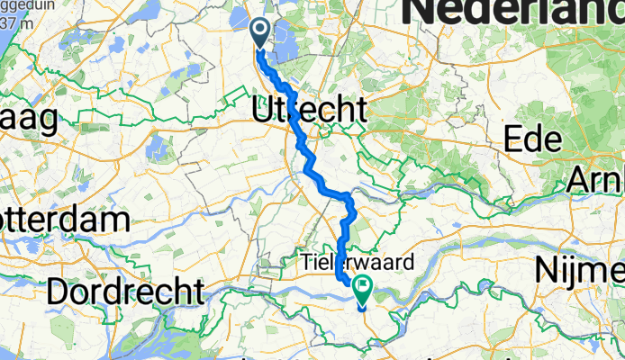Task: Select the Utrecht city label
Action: pos(309,111)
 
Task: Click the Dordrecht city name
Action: pos(125,291)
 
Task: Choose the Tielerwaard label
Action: pos(357,264)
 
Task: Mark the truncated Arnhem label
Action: pos(595,179)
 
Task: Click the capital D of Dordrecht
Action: pos(59,291)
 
